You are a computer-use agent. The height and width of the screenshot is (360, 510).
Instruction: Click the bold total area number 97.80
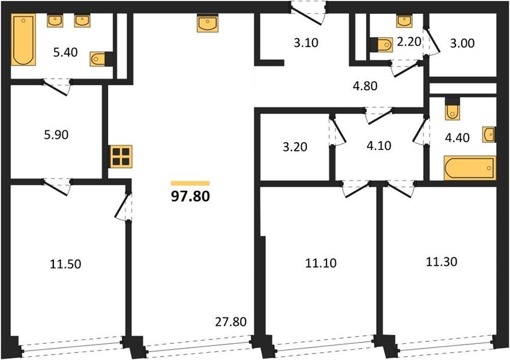[190, 196]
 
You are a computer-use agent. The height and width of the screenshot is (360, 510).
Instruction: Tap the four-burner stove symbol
[121, 157]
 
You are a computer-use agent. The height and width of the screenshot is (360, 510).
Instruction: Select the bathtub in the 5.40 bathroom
[23, 40]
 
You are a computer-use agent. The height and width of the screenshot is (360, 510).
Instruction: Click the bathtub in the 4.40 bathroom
[470, 168]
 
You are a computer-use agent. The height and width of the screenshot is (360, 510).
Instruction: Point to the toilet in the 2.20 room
[382, 44]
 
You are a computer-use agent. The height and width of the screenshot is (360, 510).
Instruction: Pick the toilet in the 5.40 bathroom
[101, 59]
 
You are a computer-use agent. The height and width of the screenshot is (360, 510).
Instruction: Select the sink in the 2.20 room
[404, 21]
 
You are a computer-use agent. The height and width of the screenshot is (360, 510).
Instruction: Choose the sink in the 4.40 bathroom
[489, 134]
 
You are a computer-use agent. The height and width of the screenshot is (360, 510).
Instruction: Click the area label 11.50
[66, 264]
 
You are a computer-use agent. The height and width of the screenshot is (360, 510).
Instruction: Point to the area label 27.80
[230, 322]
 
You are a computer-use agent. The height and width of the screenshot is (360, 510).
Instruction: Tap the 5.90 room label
[56, 134]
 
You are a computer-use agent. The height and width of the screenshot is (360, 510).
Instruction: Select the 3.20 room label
[295, 147]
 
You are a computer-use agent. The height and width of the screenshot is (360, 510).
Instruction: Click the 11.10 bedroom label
[321, 263]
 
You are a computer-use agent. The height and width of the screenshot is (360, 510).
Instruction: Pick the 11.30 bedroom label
[442, 262]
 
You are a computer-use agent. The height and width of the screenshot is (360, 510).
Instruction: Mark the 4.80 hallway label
[365, 86]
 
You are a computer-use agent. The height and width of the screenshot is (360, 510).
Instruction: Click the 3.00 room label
[462, 43]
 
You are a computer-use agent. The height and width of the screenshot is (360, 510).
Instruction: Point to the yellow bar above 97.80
[190, 184]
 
